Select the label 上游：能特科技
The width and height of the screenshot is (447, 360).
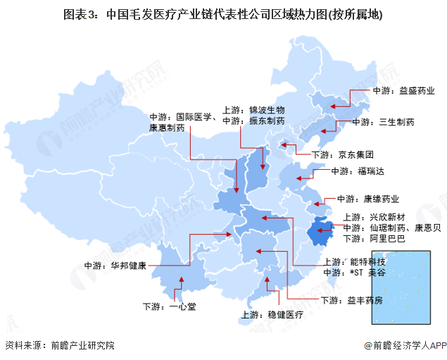[357, 261]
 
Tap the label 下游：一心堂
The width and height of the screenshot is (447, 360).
[167, 307]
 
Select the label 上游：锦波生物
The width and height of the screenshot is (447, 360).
[253, 110]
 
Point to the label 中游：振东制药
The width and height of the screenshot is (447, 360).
[253, 121]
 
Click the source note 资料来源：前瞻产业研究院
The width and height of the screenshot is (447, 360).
[60, 345]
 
